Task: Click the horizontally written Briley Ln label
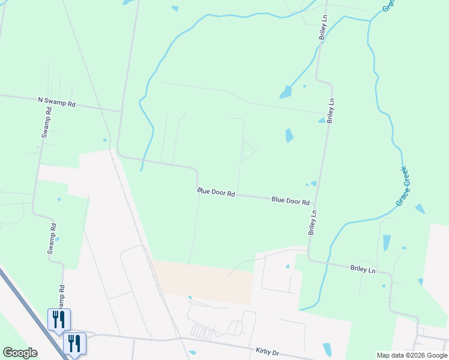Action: coord(363,270)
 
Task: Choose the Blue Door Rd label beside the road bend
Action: coord(215,193)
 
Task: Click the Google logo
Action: coord(20,353)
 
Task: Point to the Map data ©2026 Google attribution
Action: coord(412,355)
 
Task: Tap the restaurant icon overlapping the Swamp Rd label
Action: coord(59,319)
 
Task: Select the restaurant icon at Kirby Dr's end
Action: coord(74,343)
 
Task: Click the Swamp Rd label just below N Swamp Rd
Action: coord(46,123)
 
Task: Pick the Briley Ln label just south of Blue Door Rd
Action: coord(312,222)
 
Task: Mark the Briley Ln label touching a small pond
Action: coord(330,112)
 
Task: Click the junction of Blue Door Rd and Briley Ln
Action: coord(315,203)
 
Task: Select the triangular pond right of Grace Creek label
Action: coord(420,209)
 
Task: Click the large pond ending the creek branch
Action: coord(286,92)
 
